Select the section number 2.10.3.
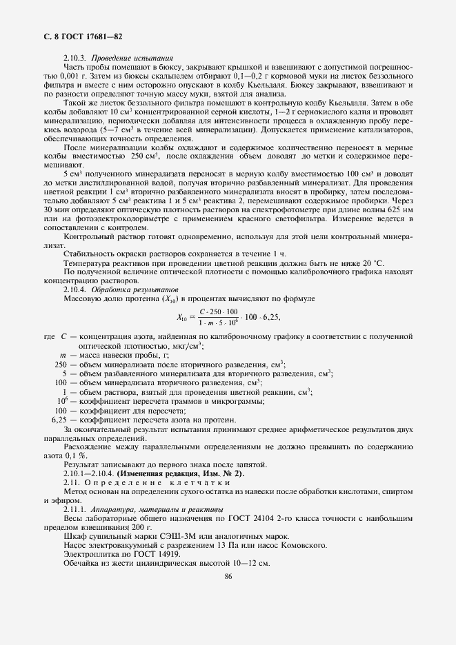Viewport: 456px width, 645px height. [x=75, y=57]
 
